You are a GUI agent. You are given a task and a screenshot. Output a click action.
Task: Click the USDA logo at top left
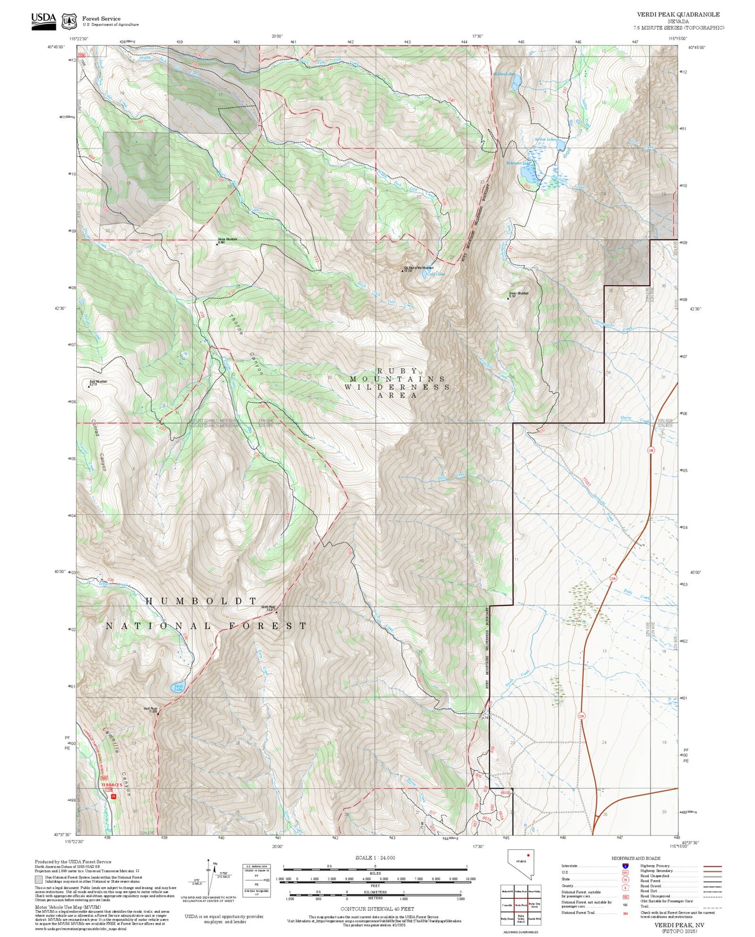pos(43,20)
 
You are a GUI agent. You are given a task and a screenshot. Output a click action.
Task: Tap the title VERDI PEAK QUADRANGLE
pos(678,15)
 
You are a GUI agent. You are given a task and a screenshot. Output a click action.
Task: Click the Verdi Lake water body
pos(178,687)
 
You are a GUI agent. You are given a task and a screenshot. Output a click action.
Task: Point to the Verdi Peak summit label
pos(150,709)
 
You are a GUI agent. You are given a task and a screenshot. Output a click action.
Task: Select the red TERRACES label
pos(111,785)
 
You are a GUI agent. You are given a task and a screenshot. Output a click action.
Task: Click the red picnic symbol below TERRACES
pos(113,795)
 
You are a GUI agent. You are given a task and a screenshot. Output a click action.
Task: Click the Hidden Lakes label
pos(504,74)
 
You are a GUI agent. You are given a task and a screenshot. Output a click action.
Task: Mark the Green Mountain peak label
pos(518,294)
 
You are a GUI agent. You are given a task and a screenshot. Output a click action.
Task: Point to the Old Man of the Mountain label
pos(419,268)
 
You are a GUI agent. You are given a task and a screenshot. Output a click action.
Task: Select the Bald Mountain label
pos(98,382)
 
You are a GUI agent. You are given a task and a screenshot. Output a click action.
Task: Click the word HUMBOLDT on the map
pos(201,601)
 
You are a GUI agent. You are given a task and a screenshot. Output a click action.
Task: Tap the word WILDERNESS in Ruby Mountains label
pos(397,387)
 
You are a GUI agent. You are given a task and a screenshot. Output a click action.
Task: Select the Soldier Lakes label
pos(545,139)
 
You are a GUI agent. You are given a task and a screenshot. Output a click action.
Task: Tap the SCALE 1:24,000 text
pos(375,858)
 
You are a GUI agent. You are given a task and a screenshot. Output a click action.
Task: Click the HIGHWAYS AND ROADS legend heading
pos(635,858)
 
